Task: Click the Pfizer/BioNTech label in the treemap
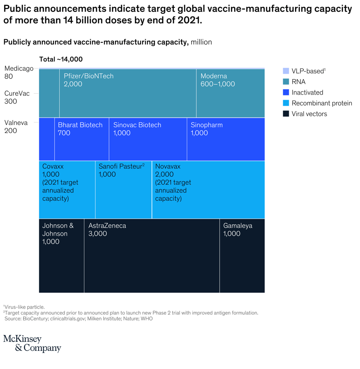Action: [89, 76]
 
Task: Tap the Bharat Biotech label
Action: [80, 125]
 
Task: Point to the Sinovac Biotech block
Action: [148, 139]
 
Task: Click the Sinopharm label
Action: [207, 125]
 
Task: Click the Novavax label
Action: [168, 167]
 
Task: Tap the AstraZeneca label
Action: [107, 226]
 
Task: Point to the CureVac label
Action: [17, 94]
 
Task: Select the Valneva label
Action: [16, 123]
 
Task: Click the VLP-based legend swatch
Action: [286, 71]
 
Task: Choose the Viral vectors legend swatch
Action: [286, 114]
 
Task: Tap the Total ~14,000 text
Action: [61, 59]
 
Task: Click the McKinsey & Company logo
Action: [32, 343]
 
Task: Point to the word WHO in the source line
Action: [147, 319]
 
